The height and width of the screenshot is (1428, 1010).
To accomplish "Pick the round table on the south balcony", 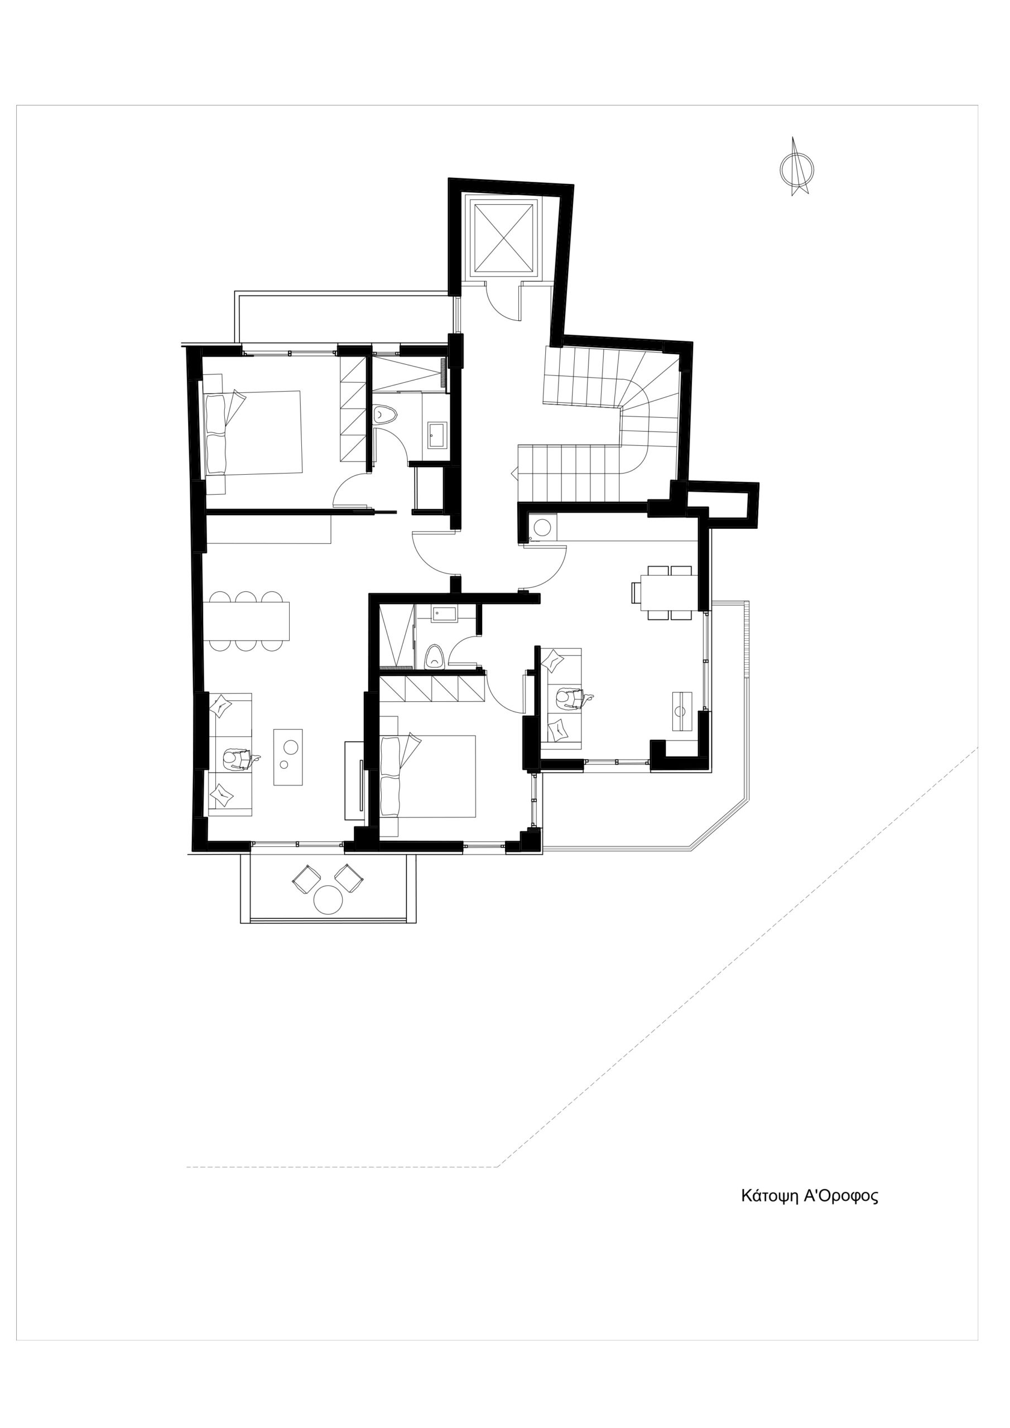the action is click(x=328, y=899).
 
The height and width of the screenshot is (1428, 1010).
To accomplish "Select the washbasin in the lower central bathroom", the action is click(x=444, y=614).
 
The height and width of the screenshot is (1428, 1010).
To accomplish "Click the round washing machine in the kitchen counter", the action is click(x=542, y=527).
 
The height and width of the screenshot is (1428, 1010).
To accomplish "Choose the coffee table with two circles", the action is click(x=288, y=757).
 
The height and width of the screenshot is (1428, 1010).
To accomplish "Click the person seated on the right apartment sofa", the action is click(x=569, y=699).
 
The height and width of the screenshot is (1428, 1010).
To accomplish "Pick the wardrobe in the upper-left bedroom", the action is click(x=353, y=409).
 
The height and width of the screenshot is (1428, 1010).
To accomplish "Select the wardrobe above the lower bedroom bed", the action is click(x=432, y=689).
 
